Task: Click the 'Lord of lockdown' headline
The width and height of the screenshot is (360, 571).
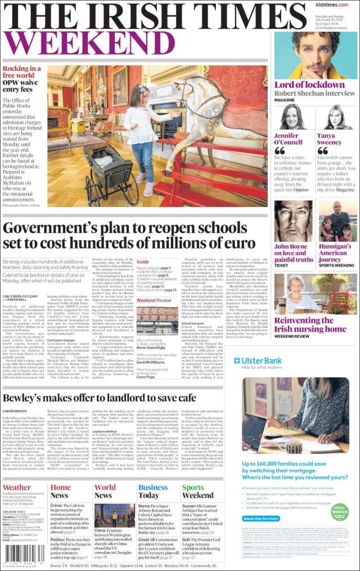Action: click(309, 85)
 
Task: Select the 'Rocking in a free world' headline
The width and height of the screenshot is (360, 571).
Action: click(21, 71)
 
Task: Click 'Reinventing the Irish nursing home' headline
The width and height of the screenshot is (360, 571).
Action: click(310, 325)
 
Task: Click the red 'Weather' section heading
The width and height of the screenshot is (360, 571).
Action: click(17, 487)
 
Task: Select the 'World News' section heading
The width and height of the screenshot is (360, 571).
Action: click(105, 491)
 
